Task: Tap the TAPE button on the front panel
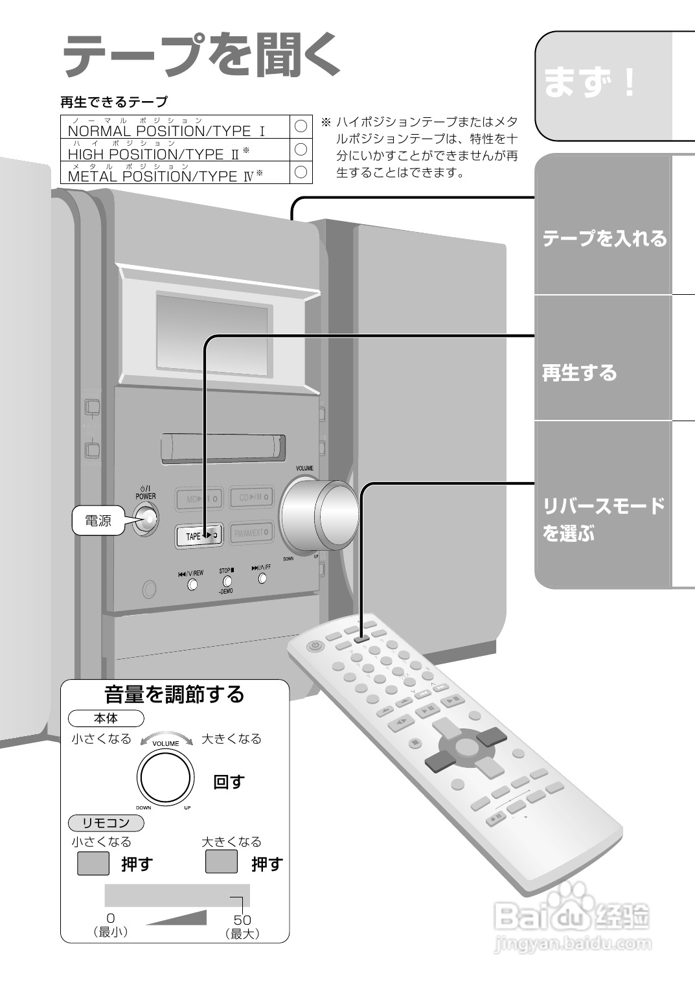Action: pyautogui.click(x=199, y=535)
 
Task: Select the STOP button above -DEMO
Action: pyautogui.click(x=227, y=581)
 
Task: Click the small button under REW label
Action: pyautogui.click(x=192, y=584)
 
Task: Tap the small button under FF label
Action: pyautogui.click(x=262, y=578)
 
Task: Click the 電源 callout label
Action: pyautogui.click(x=98, y=520)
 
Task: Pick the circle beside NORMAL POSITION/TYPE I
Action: pyautogui.click(x=301, y=126)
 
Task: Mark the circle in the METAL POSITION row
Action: pyautogui.click(x=301, y=172)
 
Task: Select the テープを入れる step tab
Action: pyautogui.click(x=604, y=238)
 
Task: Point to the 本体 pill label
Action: pyautogui.click(x=106, y=718)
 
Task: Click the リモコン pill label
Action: pyautogui.click(x=106, y=823)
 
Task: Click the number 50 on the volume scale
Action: pyautogui.click(x=242, y=919)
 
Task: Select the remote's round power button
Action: pyautogui.click(x=315, y=645)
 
